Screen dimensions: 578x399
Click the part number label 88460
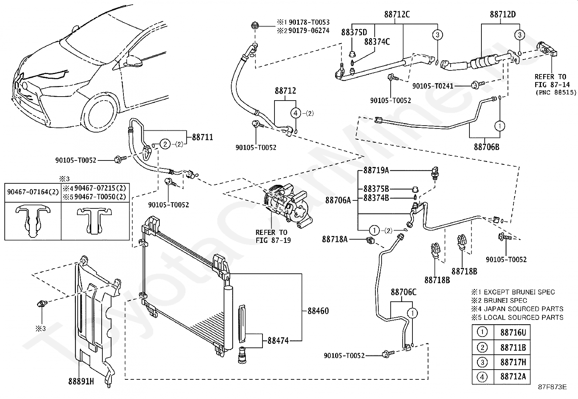tap(318, 311)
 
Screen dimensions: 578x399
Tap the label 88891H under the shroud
tap(81, 381)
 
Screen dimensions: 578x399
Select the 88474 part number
tap(278, 341)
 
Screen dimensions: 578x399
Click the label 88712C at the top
tap(397, 14)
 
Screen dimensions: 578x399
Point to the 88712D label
tap(503, 14)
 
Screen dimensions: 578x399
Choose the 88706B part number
tap(487, 147)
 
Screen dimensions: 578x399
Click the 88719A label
tap(376, 170)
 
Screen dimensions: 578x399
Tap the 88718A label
tap(335, 240)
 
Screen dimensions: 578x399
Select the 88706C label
tap(404, 292)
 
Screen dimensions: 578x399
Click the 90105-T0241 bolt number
tap(433, 86)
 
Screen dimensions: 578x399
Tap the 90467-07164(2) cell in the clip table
tap(33, 192)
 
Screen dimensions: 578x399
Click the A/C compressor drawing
tap(288, 205)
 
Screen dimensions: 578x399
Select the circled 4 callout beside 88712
tap(296, 113)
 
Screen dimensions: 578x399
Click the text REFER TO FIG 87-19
tap(273, 236)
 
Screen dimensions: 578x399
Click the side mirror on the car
tap(134, 61)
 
